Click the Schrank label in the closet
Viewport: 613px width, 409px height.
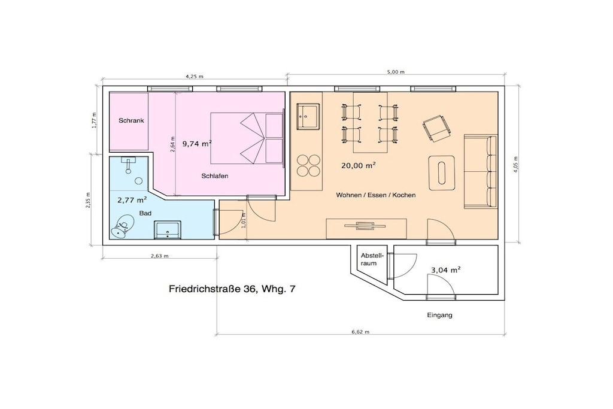131,120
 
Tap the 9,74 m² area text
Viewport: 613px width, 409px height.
197,144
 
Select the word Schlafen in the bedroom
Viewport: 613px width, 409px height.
215,176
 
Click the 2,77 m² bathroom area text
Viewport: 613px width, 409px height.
132,200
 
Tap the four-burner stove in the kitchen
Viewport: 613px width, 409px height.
308,165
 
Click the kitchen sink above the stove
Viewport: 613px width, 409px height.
308,116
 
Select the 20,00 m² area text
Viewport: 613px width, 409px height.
359,165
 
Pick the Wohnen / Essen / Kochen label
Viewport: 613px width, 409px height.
376,195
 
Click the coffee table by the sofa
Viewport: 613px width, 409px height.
442,173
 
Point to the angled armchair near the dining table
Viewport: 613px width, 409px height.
436,128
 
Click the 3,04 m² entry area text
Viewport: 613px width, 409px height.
445,270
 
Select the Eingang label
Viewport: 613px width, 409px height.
439,315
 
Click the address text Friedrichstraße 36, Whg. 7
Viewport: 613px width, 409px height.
232,289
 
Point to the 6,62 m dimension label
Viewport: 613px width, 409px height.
360,332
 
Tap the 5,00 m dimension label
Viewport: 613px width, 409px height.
396,72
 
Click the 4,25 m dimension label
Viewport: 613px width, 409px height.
195,77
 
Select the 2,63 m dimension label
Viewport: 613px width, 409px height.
159,256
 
